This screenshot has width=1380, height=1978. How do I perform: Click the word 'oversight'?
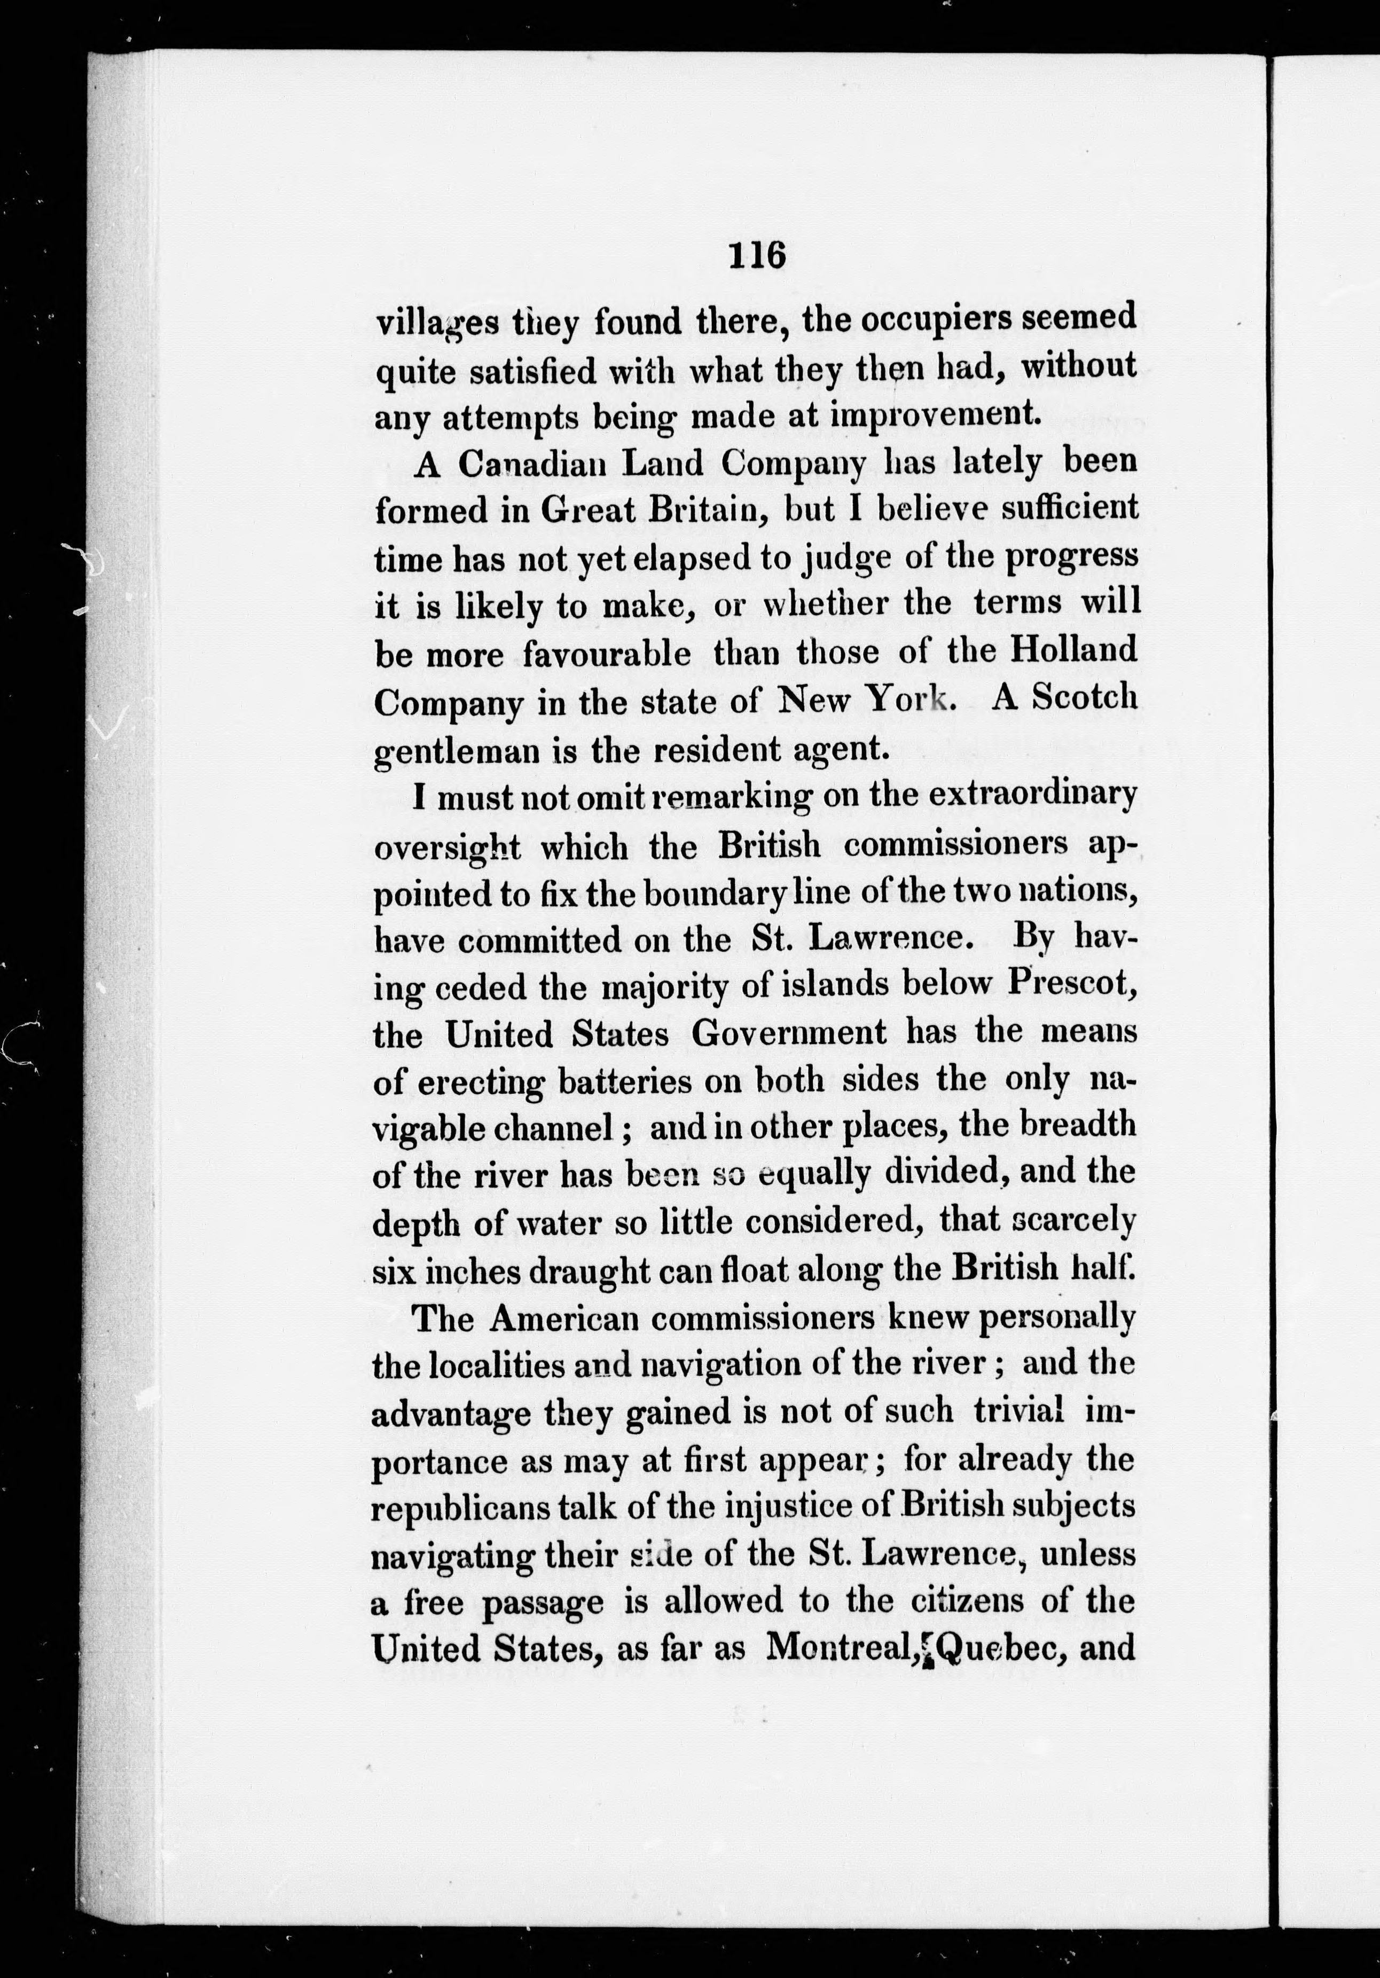[447, 849]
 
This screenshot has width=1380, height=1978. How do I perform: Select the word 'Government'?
[788, 1032]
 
